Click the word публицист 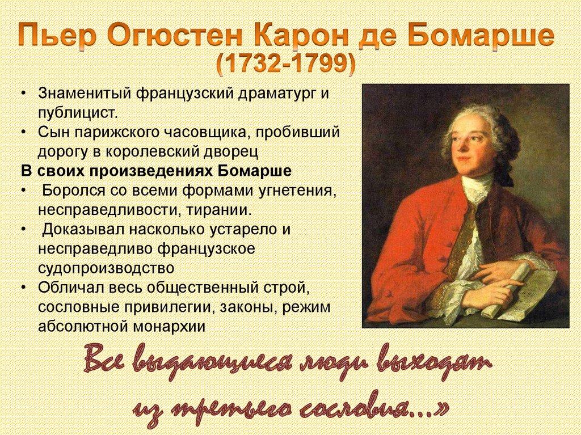point(77,112)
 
